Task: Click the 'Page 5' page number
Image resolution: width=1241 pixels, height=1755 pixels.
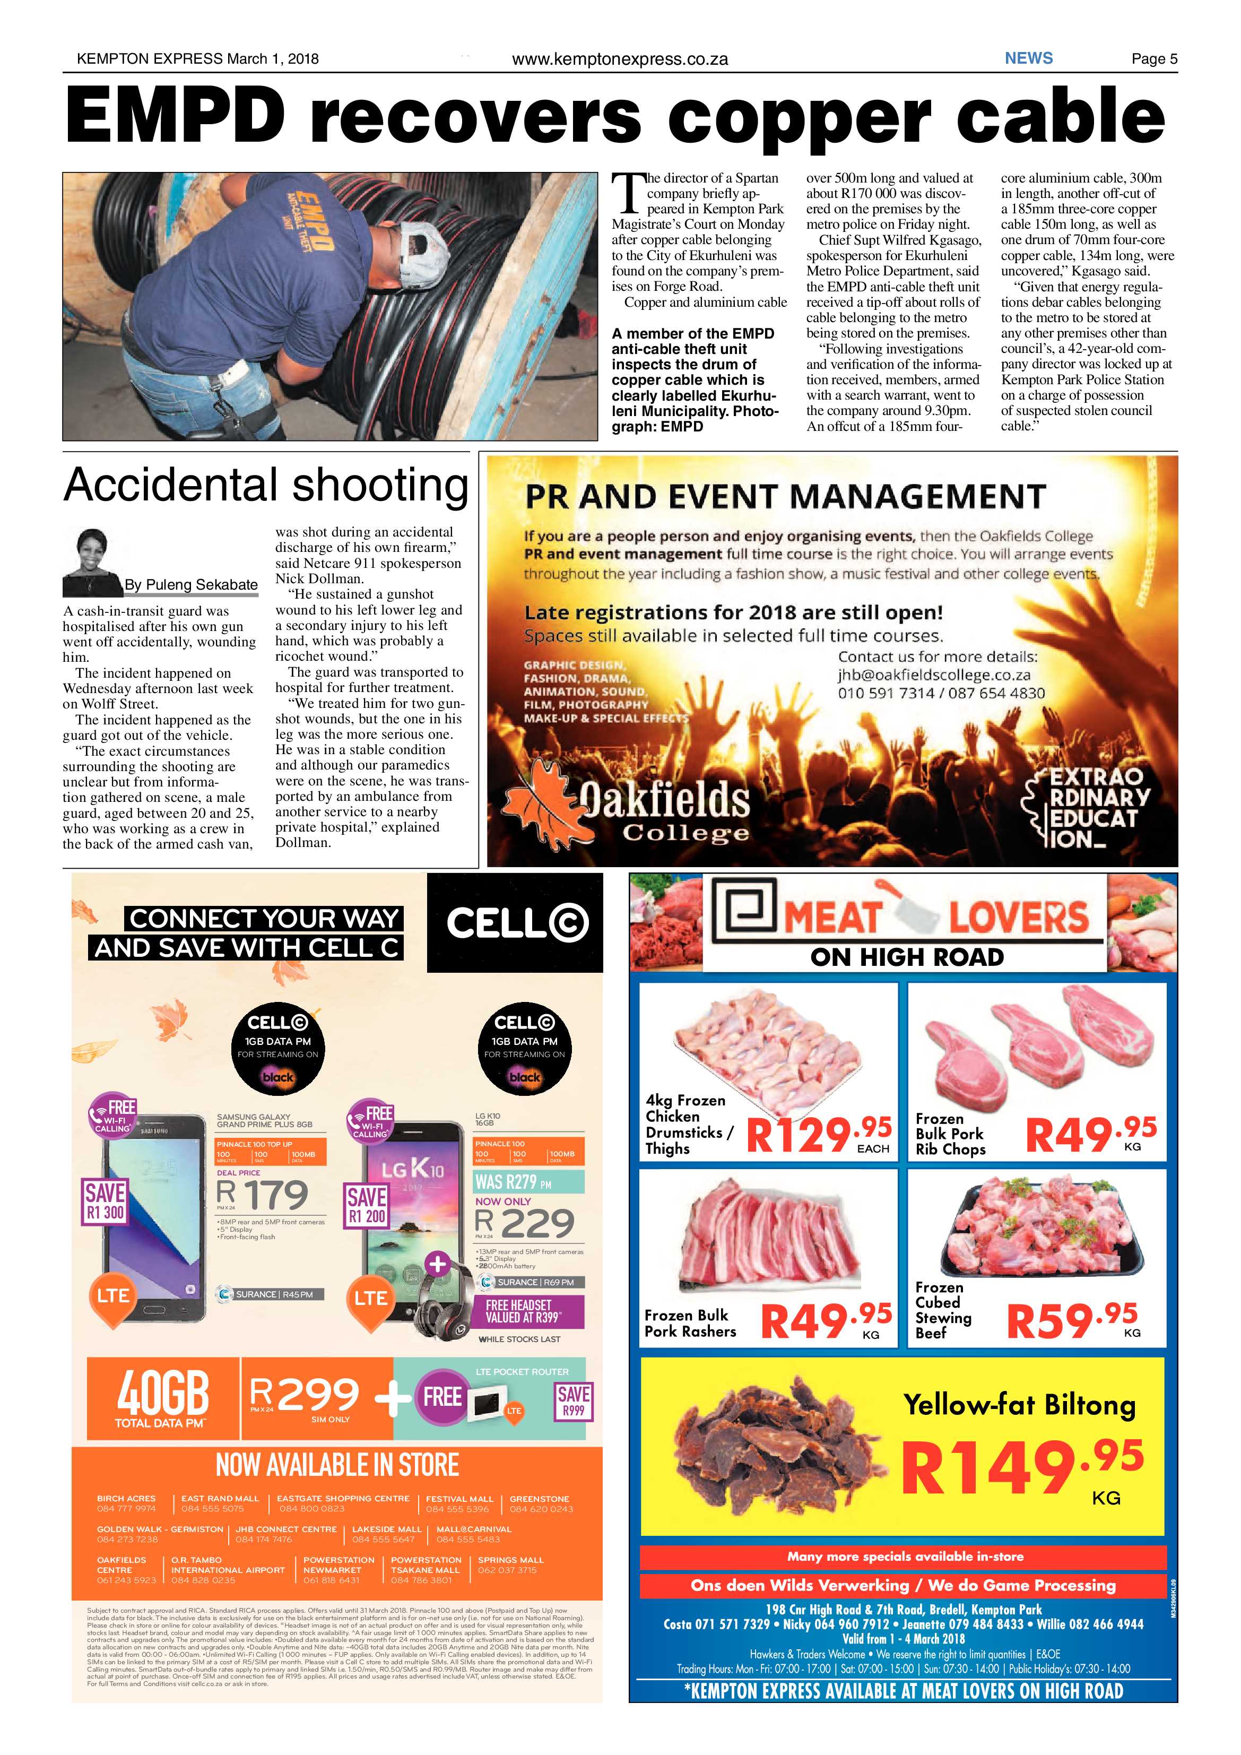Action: pos(1154,59)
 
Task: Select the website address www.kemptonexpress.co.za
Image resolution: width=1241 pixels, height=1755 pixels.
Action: pos(620,59)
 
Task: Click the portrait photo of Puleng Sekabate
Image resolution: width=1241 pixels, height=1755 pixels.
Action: pos(92,562)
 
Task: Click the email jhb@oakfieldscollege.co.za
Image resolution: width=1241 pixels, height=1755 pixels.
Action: pos(934,675)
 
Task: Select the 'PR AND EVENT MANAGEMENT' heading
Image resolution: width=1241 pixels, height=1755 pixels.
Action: pos(784,497)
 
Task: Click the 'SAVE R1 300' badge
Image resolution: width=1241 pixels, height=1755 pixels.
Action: pos(105,1201)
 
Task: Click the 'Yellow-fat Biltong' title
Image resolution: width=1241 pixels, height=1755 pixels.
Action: pos(1019,1404)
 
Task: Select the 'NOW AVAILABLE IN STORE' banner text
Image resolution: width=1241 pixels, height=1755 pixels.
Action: pos(337,1465)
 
